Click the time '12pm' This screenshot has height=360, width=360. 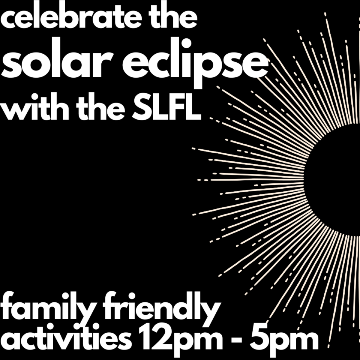coord(180,339)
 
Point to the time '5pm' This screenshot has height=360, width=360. coord(284,339)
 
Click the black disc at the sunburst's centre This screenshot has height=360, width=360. coord(335,180)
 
